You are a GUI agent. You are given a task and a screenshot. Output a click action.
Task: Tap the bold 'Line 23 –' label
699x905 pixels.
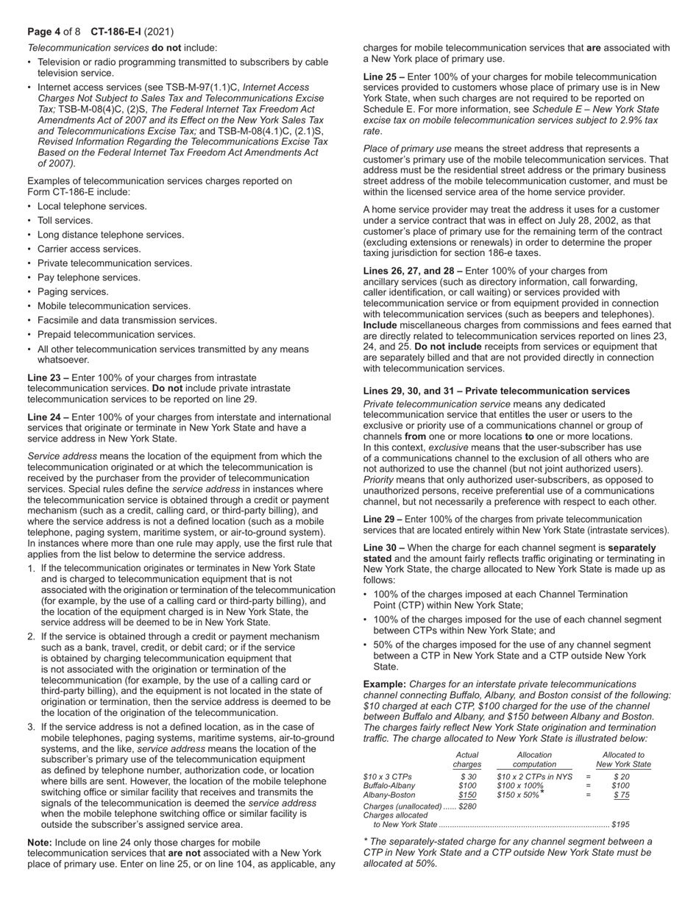pos(48,377)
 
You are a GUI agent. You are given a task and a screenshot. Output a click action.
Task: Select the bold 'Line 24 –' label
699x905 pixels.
pos(48,416)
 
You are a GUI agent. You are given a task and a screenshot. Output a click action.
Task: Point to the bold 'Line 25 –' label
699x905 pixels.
pos(384,77)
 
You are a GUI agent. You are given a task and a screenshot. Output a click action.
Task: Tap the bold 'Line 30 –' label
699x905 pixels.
pos(384,547)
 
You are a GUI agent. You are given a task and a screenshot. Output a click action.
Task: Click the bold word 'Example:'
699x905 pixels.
pos(385,684)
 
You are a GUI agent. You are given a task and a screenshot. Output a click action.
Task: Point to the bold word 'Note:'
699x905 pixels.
pos(40,842)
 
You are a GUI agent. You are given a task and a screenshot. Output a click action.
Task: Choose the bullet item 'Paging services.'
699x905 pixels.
pos(73,291)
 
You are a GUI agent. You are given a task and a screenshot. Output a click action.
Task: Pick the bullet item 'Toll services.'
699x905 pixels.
pos(65,220)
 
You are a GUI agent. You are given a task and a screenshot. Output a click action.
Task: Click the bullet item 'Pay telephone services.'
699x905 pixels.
pos(89,277)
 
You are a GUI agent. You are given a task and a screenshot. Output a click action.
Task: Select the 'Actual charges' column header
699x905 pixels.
pos(467,759)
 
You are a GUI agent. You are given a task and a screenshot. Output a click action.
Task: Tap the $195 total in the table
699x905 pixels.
pos(620,825)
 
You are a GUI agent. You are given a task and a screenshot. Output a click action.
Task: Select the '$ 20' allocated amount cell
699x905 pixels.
pos(621,776)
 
